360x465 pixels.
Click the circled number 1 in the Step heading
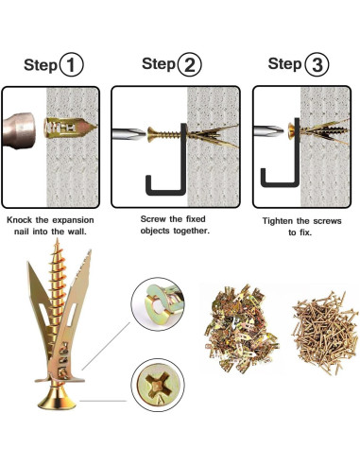[x=72, y=64]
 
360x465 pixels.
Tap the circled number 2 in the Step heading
[x=189, y=64]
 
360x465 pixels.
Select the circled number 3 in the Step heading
[x=317, y=64]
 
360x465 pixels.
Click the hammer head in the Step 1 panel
[x=18, y=130]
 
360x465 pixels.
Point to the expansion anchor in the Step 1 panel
[x=70, y=128]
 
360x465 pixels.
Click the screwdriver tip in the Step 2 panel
[x=129, y=133]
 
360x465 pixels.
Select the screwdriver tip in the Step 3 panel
[x=268, y=130]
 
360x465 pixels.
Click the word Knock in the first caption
[x=20, y=220]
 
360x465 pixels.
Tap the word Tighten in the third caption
[x=278, y=221]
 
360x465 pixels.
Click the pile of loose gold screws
[x=325, y=332]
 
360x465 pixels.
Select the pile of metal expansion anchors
[x=241, y=329]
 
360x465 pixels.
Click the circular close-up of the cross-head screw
[x=158, y=385]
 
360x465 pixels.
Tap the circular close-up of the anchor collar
[x=158, y=304]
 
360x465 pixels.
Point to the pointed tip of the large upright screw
[x=57, y=240]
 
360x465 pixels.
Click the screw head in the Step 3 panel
[x=291, y=131]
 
